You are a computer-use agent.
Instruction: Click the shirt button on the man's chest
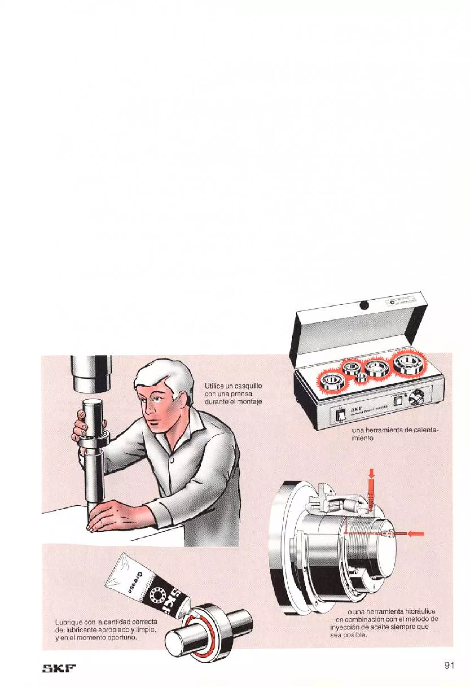[x=172, y=460]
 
